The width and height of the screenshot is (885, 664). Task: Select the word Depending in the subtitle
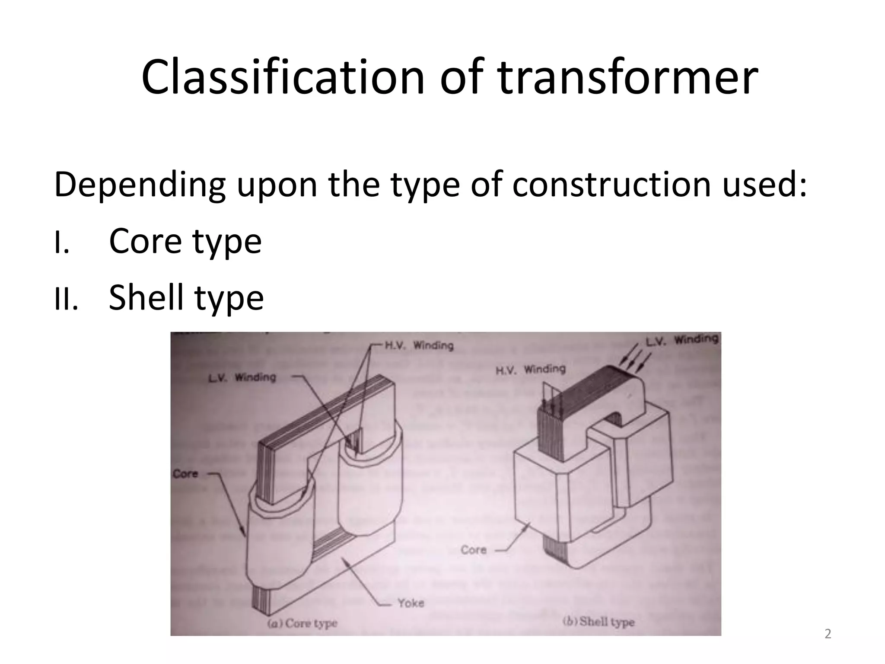(x=139, y=185)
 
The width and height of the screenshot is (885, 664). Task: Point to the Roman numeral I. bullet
(x=62, y=243)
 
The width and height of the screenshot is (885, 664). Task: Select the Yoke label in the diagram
(x=411, y=603)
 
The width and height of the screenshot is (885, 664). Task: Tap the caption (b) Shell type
(x=598, y=622)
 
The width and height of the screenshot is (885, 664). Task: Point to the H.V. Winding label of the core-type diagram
(x=419, y=345)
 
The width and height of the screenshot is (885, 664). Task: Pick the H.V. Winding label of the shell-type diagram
(x=530, y=370)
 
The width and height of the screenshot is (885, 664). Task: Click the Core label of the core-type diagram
(x=185, y=474)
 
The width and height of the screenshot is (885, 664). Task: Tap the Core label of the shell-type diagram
(x=474, y=550)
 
